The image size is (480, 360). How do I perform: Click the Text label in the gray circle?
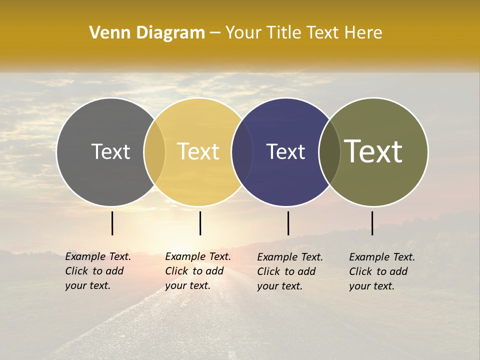coord(110,151)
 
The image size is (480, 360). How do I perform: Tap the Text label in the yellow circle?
coord(198,151)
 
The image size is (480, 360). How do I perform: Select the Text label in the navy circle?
coord(285,151)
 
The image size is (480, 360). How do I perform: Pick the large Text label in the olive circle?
coord(373,151)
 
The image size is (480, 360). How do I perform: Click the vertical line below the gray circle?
coord(112,223)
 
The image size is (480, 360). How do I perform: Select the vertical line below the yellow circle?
coord(200,223)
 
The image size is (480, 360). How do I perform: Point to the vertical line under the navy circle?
coord(288,223)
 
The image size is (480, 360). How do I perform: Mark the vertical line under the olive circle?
coord(372,223)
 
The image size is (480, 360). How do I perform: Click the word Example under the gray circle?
coord(85,256)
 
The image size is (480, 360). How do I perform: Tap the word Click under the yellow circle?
coord(177,271)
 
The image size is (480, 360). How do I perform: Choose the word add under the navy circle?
coord(305,271)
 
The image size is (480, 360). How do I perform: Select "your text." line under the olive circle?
coord(372,286)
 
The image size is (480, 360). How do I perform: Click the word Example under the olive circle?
coord(369,257)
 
